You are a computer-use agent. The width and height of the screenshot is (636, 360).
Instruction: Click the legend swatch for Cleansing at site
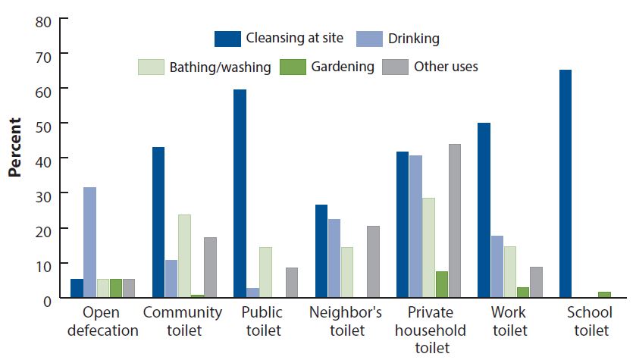pyautogui.click(x=227, y=39)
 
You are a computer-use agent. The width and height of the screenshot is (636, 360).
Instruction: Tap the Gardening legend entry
pyautogui.click(x=342, y=67)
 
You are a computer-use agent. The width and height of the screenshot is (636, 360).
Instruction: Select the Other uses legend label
pyautogui.click(x=446, y=67)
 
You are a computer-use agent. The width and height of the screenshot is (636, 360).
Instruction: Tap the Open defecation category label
pyautogui.click(x=102, y=321)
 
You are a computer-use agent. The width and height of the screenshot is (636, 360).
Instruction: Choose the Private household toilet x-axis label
pyautogui.click(x=429, y=330)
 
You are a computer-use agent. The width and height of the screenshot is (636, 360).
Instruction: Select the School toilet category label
pyautogui.click(x=592, y=321)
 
